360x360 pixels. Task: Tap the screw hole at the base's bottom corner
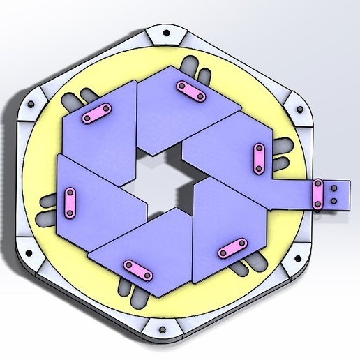[162, 328]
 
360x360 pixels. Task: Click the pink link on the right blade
[259, 158]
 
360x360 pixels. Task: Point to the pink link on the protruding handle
[318, 195]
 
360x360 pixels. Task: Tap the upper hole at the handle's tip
[333, 188]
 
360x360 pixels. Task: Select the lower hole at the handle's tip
[333, 201]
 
